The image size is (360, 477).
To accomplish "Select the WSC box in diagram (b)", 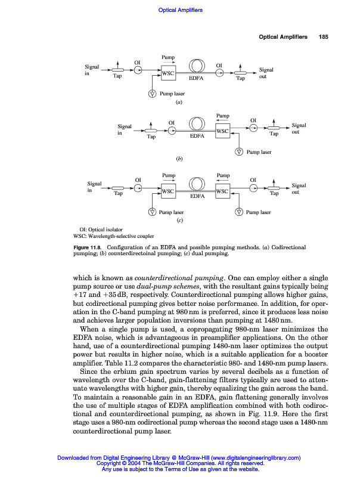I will pyautogui.click(x=223, y=131).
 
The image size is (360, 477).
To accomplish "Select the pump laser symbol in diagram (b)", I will pyautogui.click(x=239, y=152).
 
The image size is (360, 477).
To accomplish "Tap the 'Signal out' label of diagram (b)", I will pyautogui.click(x=299, y=129).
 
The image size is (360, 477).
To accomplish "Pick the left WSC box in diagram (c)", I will pyautogui.click(x=168, y=191).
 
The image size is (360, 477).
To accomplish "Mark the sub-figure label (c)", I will pyautogui.click(x=179, y=221).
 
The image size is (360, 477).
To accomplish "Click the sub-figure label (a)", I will pyautogui.click(x=178, y=103).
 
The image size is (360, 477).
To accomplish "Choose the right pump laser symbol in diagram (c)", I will pyautogui.click(x=239, y=212).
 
